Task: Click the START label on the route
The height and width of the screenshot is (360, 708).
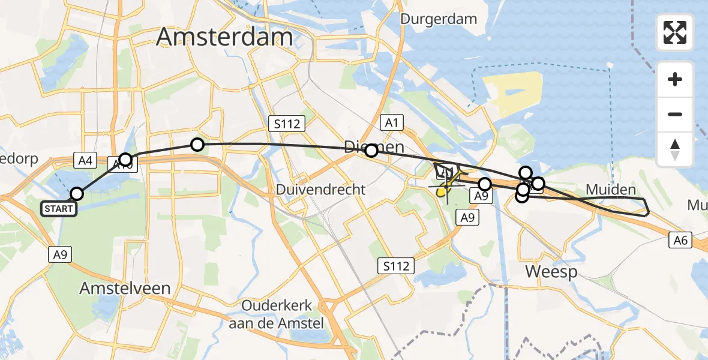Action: pyautogui.click(x=59, y=209)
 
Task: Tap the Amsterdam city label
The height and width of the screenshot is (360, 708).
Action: pyautogui.click(x=224, y=37)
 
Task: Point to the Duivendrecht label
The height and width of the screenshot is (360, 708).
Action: pyautogui.click(x=321, y=190)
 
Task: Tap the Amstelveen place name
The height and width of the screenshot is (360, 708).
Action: pyautogui.click(x=125, y=288)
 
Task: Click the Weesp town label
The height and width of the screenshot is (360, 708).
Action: pyautogui.click(x=551, y=271)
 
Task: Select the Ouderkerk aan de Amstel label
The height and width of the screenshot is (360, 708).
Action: pyautogui.click(x=277, y=313)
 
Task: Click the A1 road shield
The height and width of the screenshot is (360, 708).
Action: pyautogui.click(x=392, y=123)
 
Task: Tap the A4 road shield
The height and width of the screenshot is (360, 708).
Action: pyautogui.click(x=85, y=160)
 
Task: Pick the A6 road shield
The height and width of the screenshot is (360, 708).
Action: pyautogui.click(x=680, y=240)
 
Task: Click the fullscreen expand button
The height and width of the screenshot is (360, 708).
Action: pyautogui.click(x=675, y=32)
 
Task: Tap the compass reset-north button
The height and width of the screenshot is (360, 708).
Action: pyautogui.click(x=675, y=149)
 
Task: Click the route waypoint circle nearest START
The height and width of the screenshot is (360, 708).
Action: pyautogui.click(x=77, y=193)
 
